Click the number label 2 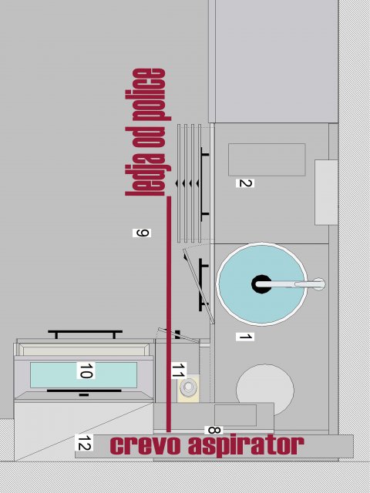click(x=245, y=183)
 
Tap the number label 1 click(x=245, y=337)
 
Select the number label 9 click(x=142, y=233)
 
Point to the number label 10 click(x=86, y=370)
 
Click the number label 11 click(x=178, y=370)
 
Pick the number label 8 click(x=214, y=430)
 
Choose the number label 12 click(x=84, y=442)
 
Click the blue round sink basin click(x=261, y=284)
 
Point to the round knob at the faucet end click(x=318, y=284)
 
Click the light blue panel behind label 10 click(x=84, y=375)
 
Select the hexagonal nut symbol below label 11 click(x=188, y=387)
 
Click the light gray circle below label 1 click(x=265, y=388)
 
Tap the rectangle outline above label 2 click(x=267, y=159)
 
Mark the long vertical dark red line click(x=169, y=314)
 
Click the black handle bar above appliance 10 click(x=85, y=334)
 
